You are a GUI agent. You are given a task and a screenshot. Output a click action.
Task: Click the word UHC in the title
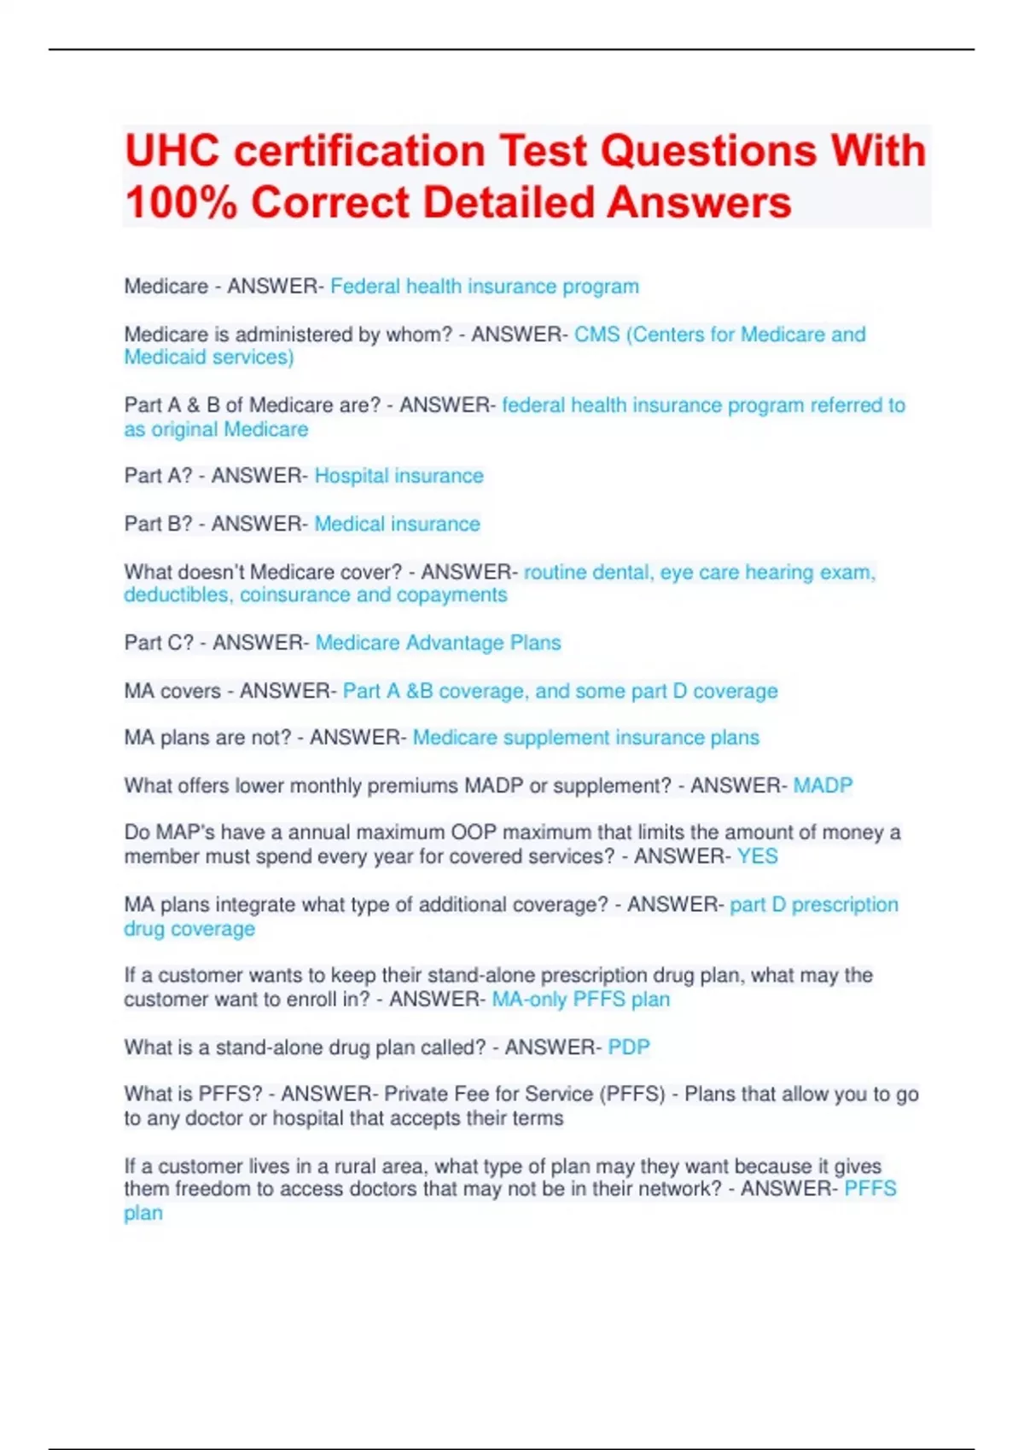[172, 151]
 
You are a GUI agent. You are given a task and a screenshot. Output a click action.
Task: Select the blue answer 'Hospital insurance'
[399, 476]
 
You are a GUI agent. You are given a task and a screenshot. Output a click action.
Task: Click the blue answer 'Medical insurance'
[397, 524]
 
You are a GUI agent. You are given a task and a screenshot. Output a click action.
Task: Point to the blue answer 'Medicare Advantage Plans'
[438, 643]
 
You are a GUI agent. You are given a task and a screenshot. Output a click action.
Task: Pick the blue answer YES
[757, 856]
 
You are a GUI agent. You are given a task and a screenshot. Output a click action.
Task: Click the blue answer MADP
[823, 786]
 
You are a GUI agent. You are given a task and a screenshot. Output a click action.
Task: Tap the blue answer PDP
[628, 1047]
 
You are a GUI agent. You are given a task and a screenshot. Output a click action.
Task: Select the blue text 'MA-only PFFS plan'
[580, 1000]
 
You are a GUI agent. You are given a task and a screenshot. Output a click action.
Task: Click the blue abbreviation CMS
[596, 334]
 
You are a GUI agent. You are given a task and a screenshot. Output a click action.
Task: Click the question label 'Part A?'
[159, 476]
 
